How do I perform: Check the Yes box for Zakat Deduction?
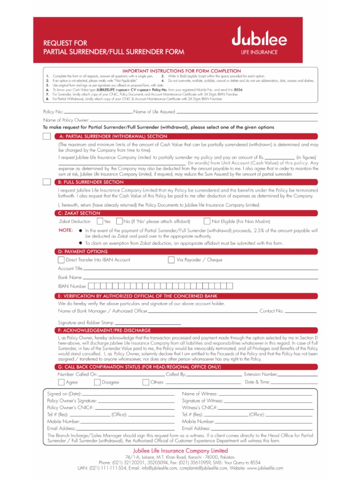pos(100,221)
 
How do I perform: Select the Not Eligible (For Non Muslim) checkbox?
pos(207,221)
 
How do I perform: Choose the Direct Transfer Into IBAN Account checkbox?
pos(61,260)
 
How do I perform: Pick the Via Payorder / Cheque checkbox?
pos(171,260)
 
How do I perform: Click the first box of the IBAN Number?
pos(91,286)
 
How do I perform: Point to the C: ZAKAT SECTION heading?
pos(77,213)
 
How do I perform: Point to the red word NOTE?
pos(66,230)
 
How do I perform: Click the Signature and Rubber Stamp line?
pos(148,323)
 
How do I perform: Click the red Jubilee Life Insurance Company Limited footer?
pos(180,451)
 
